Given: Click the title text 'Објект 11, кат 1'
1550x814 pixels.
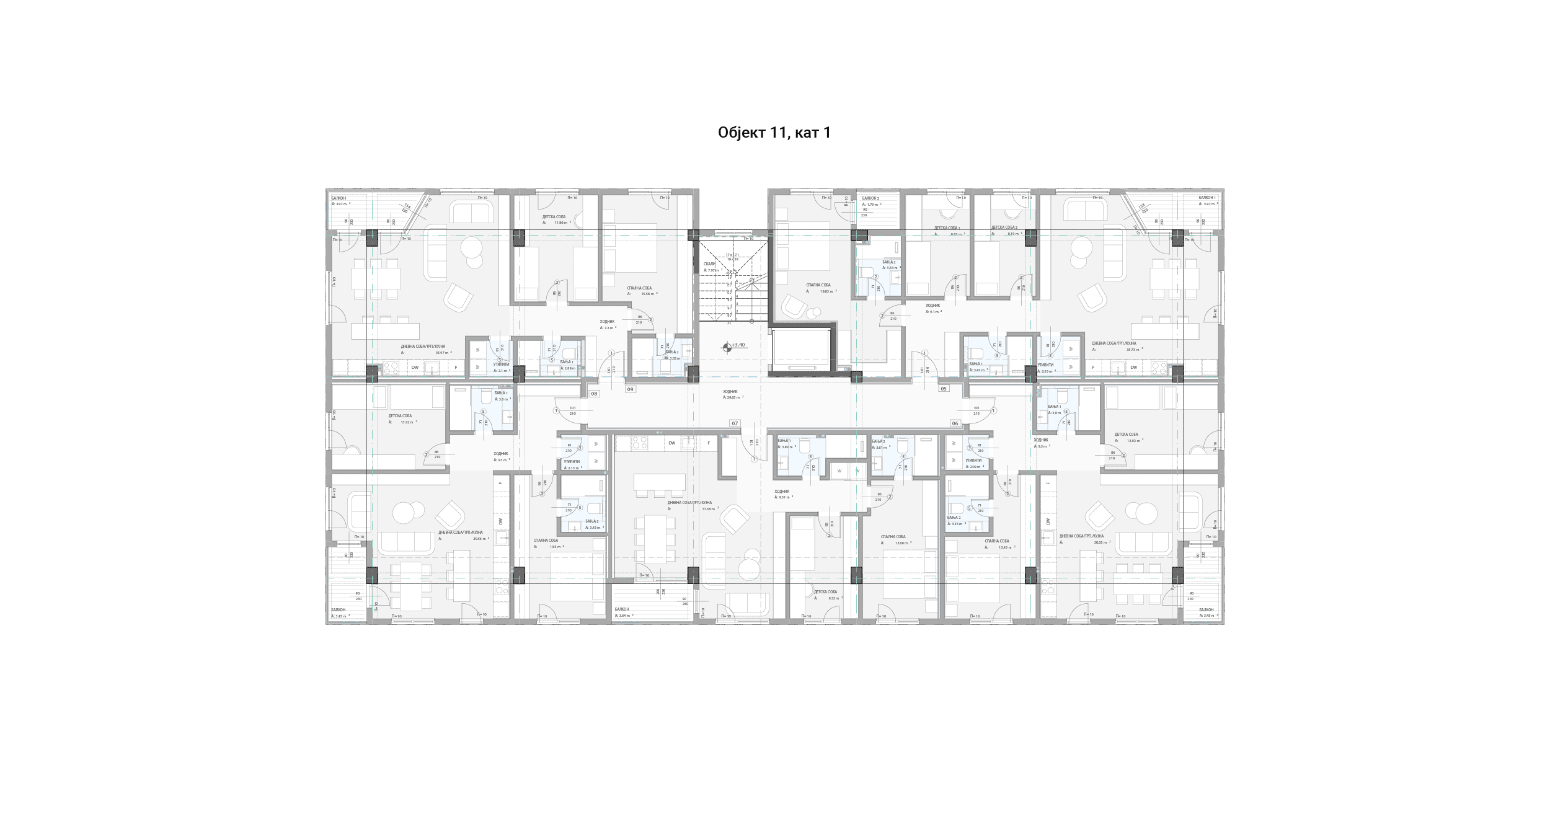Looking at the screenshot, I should pos(774,133).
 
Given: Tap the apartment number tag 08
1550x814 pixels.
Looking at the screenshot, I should pos(594,394).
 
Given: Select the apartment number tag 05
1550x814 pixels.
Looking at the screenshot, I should pos(944,389).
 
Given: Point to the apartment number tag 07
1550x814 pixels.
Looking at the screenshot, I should pos(735,423).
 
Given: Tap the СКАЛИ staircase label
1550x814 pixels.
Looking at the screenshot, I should pos(709,263).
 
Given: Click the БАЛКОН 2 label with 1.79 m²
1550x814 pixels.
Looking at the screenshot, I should pos(870,198).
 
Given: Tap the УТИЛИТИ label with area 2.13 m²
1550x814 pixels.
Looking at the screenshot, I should pos(572,461).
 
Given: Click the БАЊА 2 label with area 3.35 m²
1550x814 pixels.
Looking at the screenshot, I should pos(954,517).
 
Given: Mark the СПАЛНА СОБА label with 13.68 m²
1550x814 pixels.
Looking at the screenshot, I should pos(893,537).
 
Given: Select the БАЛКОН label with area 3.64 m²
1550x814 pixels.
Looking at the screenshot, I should pos(622,609).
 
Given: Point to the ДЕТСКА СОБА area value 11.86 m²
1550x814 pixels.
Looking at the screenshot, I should pos(561,223).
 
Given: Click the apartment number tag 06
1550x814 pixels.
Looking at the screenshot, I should pos(955,423).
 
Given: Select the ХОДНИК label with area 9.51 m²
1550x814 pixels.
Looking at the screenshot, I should pos(782,491).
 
